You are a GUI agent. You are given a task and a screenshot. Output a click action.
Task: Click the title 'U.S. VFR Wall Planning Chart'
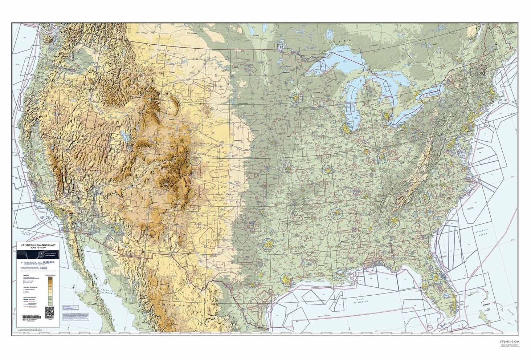38,246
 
